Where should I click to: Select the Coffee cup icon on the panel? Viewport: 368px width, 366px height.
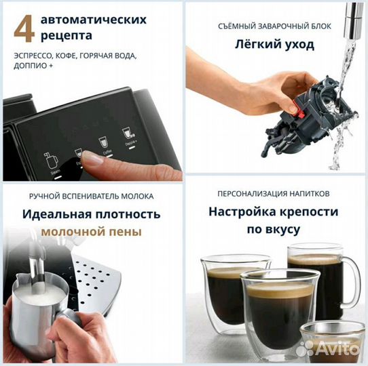pos(105,142)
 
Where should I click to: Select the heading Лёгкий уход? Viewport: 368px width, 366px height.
pos(275,45)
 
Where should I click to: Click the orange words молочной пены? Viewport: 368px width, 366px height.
pos(91,231)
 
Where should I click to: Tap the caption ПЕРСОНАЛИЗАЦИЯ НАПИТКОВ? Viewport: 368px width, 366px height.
pos(274,192)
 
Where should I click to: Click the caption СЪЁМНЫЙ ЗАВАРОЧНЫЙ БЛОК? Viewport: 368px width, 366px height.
pos(275,26)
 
